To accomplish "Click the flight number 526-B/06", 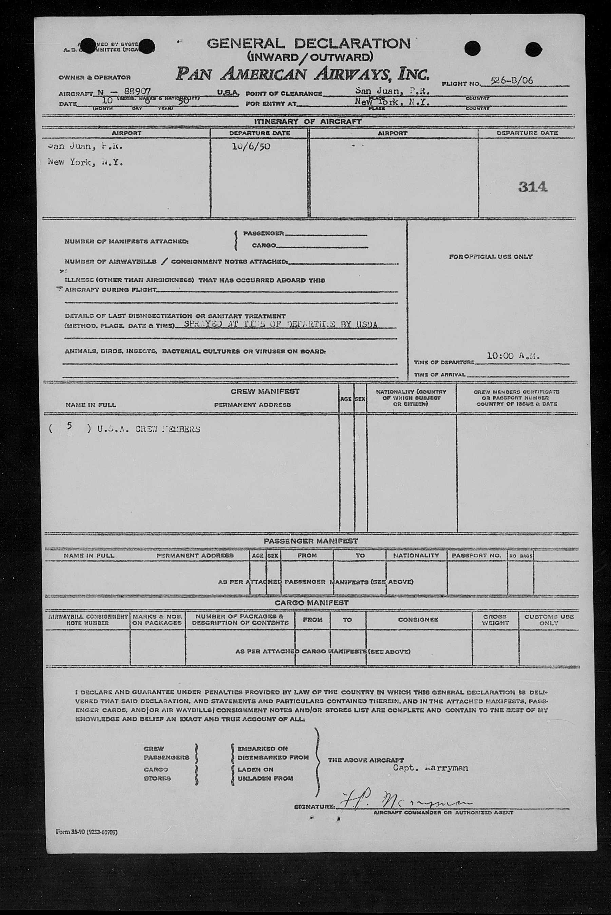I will pyautogui.click(x=511, y=81).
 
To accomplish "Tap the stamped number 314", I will pyautogui.click(x=532, y=187).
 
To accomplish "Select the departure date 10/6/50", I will pyautogui.click(x=251, y=147).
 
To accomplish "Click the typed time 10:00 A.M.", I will pyautogui.click(x=513, y=356).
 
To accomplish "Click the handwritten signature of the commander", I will pyautogui.click(x=405, y=801).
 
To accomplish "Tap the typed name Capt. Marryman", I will pyautogui.click(x=430, y=768).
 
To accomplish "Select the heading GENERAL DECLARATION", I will pyautogui.click(x=308, y=43).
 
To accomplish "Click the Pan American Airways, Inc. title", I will pyautogui.click(x=302, y=74).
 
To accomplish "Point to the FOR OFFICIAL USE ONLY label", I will pyautogui.click(x=490, y=257).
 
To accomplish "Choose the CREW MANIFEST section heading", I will pyautogui.click(x=265, y=391).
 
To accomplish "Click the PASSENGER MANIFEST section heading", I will pyautogui.click(x=310, y=541).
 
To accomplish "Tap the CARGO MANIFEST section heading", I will pyautogui.click(x=311, y=603).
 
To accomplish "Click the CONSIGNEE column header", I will pyautogui.click(x=418, y=619).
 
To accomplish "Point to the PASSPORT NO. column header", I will pyautogui.click(x=476, y=556).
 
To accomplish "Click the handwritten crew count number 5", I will pyautogui.click(x=69, y=425).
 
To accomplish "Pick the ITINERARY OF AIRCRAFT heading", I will pyautogui.click(x=307, y=121).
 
